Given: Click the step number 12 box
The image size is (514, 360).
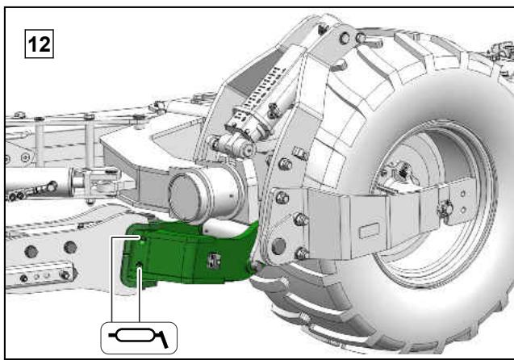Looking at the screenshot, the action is pos(40,44).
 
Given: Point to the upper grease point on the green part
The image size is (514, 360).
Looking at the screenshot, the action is pos(142,239).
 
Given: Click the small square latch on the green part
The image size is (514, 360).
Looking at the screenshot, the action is pos(214,260).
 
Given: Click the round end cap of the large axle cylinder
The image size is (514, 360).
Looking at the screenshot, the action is pos(186,198).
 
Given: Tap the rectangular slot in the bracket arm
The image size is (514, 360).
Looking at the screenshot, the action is pos(370,230).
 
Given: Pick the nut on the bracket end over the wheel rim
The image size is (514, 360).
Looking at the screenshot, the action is pos(445,208).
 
